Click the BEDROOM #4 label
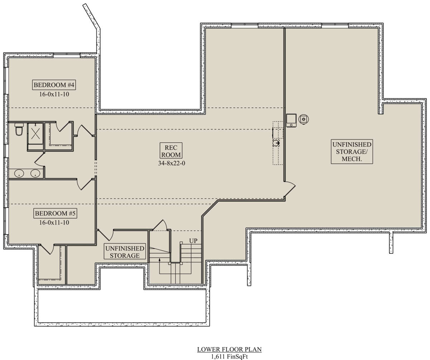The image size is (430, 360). tap(54, 85)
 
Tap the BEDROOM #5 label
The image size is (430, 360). tap(55, 213)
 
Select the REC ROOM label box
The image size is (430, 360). tap(171, 151)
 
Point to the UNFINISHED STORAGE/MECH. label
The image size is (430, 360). tap(352, 151)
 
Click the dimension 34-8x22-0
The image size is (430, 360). tap(172, 163)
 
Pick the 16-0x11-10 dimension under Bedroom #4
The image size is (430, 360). tap(54, 94)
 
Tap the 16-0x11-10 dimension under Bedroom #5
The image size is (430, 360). tap(54, 223)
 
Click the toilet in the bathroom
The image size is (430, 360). tap(19, 129)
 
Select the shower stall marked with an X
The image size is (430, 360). tap(35, 134)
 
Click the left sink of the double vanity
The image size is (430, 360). tap(19, 173)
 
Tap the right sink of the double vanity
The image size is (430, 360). tap(35, 173)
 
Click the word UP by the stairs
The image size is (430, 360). tap(193, 241)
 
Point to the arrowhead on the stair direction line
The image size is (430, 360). tap(159, 260)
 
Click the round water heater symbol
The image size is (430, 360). tap(304, 119)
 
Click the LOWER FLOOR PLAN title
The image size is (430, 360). tap(229, 349)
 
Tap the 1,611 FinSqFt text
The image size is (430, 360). tap(229, 356)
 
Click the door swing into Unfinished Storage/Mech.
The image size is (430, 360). tap(290, 188)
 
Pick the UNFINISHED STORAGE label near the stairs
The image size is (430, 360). tap(125, 252)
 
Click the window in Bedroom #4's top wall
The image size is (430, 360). tap(67, 54)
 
